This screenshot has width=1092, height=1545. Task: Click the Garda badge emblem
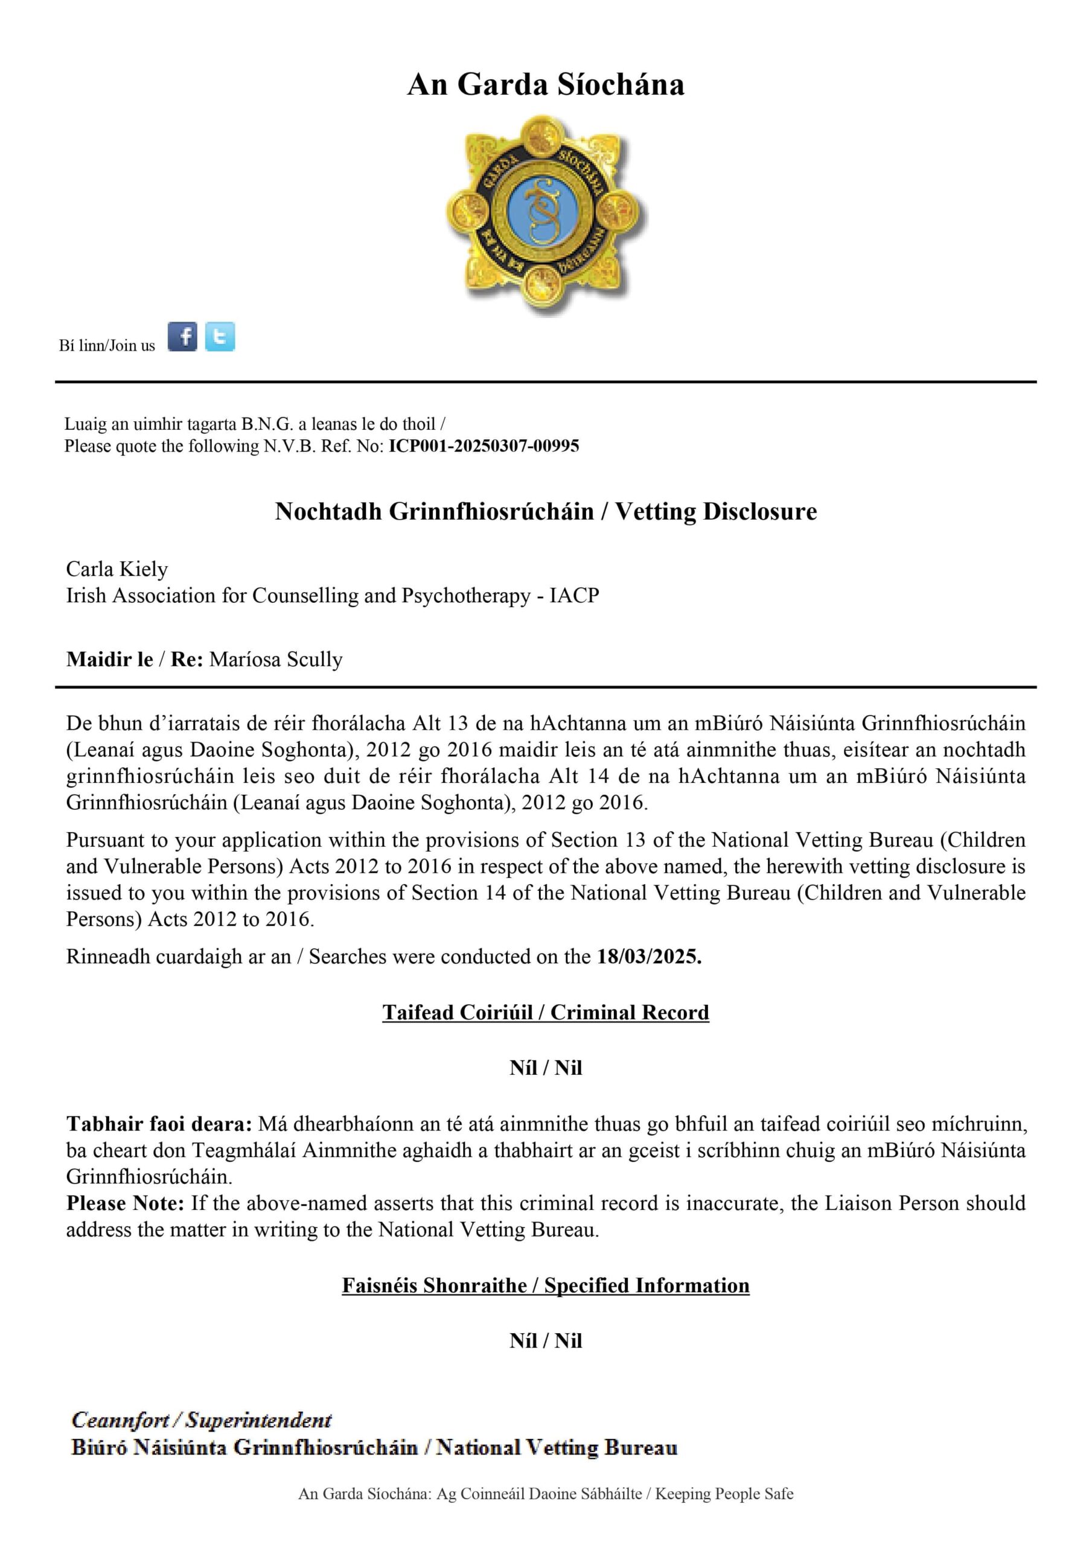[545, 214]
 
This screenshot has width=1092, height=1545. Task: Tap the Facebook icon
[182, 336]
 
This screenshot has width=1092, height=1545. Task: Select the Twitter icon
[220, 336]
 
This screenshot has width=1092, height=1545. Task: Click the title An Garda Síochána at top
[545, 84]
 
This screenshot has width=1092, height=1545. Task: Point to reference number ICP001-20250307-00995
[484, 446]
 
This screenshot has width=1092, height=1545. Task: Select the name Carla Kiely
[117, 569]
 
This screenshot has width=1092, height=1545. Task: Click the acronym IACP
[573, 596]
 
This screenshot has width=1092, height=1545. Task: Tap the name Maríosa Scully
[275, 660]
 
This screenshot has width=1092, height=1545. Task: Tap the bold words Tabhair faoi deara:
[159, 1124]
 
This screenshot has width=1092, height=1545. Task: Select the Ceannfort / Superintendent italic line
[201, 1420]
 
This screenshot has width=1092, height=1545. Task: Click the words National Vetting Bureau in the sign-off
[556, 1447]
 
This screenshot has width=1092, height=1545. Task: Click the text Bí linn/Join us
[107, 346]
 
